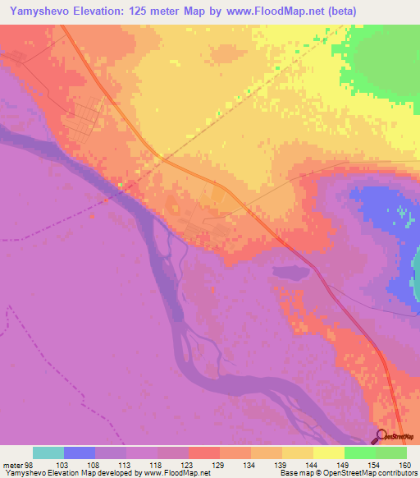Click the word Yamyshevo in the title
pyautogui.click(x=39, y=11)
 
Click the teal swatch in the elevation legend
pyautogui.click(x=48, y=453)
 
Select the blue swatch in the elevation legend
pyautogui.click(x=80, y=453)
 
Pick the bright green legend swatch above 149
pyautogui.click(x=360, y=453)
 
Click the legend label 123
pyautogui.click(x=189, y=465)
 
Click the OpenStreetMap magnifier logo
pyautogui.click(x=381, y=435)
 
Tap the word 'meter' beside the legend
pyautogui.click(x=14, y=465)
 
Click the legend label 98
pyautogui.click(x=31, y=465)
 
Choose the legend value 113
pyautogui.click(x=126, y=465)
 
